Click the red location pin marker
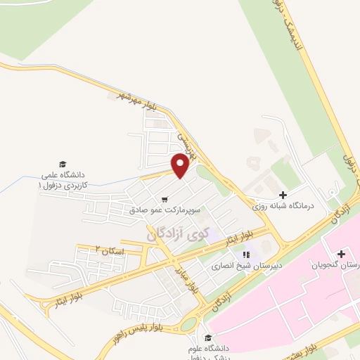click(179, 166)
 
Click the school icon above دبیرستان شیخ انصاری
click(245, 255)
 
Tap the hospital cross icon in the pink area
click(340, 254)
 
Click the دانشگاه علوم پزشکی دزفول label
click(207, 349)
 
